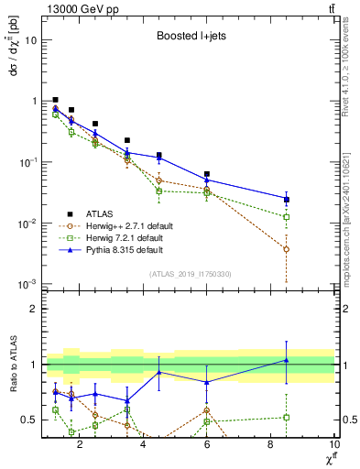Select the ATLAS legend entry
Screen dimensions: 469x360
pos(98,212)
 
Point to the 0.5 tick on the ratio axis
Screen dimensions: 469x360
pos(31,420)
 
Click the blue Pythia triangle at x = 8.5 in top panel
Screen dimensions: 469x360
pos(287,199)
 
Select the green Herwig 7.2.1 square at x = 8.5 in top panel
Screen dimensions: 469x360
pos(287,217)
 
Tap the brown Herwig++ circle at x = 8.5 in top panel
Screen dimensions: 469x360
pos(287,249)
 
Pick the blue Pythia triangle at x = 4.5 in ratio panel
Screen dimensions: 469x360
pos(159,372)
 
